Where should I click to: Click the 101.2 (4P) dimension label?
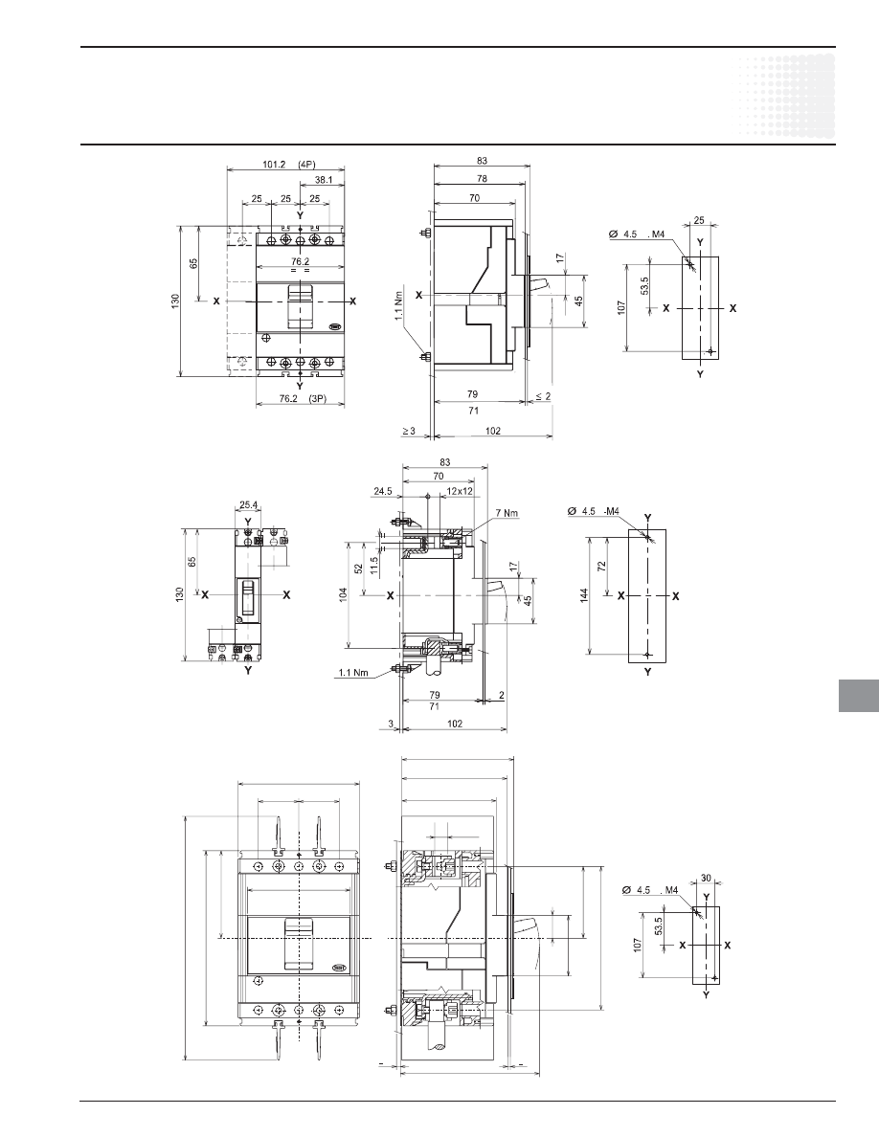(285, 165)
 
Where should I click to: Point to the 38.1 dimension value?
(325, 181)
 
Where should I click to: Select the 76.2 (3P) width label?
(301, 398)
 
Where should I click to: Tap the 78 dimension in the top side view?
(482, 178)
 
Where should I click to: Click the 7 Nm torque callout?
(507, 513)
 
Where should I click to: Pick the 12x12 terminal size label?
(460, 491)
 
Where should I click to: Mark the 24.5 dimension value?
(383, 491)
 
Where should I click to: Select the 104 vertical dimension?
(344, 594)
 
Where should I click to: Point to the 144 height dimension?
(584, 594)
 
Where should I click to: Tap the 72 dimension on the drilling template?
(601, 567)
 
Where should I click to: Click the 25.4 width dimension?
(247, 505)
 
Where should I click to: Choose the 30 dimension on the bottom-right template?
(706, 879)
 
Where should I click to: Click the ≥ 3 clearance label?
(409, 431)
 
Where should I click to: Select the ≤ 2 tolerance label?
(543, 396)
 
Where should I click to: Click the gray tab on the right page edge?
(859, 696)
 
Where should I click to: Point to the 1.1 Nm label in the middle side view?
(353, 672)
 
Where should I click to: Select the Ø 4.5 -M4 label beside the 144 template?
(594, 510)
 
